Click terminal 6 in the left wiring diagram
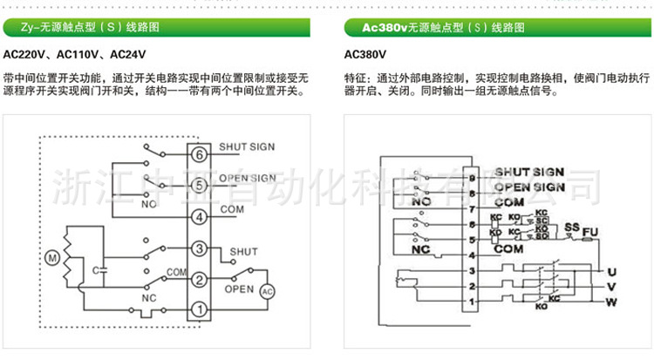coord(200,154)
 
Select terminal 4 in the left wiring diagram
coord(200,216)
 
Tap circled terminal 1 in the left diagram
coord(200,309)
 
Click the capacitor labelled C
coord(101,270)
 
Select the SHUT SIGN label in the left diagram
coord(247,147)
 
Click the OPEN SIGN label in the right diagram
coord(530,187)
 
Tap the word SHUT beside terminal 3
coord(244,252)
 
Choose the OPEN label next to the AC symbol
coord(239,289)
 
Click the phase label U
coord(612,270)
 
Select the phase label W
coord(612,302)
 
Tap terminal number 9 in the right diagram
coord(472,178)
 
